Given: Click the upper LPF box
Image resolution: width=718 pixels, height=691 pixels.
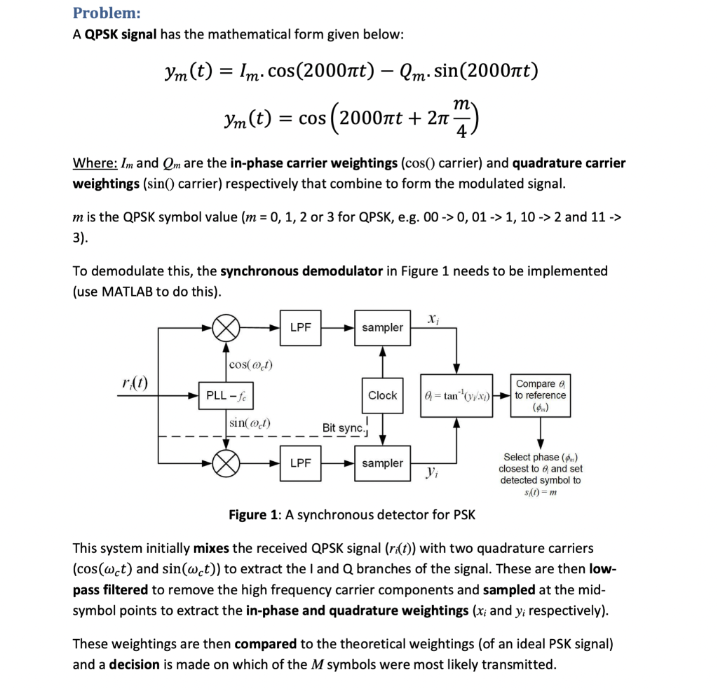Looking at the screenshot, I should point(300,327).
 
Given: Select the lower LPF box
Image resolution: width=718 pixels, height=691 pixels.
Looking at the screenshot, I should point(300,463).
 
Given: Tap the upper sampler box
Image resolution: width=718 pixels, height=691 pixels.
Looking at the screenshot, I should point(382,327).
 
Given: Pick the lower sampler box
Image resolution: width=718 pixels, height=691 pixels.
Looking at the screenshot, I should point(382,463).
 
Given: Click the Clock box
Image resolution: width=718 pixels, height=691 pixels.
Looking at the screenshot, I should point(382,395).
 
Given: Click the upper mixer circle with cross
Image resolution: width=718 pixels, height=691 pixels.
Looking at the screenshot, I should point(226,327).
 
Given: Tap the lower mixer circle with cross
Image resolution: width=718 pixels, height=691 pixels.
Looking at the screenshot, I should point(226,463).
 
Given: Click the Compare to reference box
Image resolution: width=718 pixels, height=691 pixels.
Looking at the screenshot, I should point(541,395).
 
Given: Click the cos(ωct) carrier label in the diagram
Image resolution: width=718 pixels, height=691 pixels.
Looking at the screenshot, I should point(251,364).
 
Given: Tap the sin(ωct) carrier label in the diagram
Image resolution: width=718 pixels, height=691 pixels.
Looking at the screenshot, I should point(251,423).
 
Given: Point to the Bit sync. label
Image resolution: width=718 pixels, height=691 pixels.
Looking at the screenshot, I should point(341,427).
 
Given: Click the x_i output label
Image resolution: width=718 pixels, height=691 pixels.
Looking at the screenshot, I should point(431,318).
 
